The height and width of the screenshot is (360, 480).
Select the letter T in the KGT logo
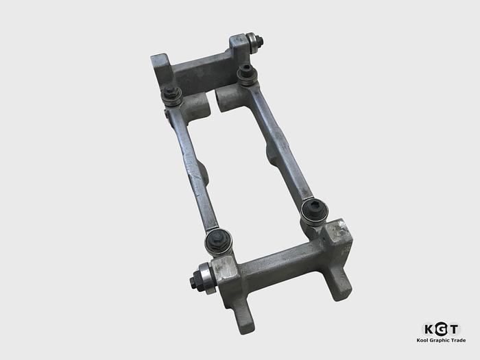tap(453, 328)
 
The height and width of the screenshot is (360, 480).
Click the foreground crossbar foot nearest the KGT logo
tap(337, 282)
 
